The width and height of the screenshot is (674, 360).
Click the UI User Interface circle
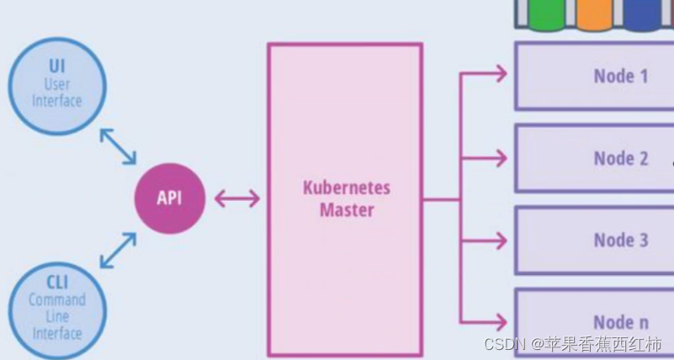[x=57, y=83]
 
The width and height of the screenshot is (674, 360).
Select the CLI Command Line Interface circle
[x=57, y=311]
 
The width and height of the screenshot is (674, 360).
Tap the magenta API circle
[x=169, y=199]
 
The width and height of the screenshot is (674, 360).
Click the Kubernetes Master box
[x=345, y=199]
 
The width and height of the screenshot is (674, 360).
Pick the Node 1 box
[x=593, y=76]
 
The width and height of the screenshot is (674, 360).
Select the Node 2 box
[x=593, y=157]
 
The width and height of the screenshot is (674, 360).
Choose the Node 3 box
[x=593, y=240]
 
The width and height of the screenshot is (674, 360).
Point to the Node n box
[x=593, y=321]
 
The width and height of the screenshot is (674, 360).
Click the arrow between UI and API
[x=118, y=146]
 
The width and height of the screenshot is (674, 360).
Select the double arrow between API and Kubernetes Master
[x=237, y=199]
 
